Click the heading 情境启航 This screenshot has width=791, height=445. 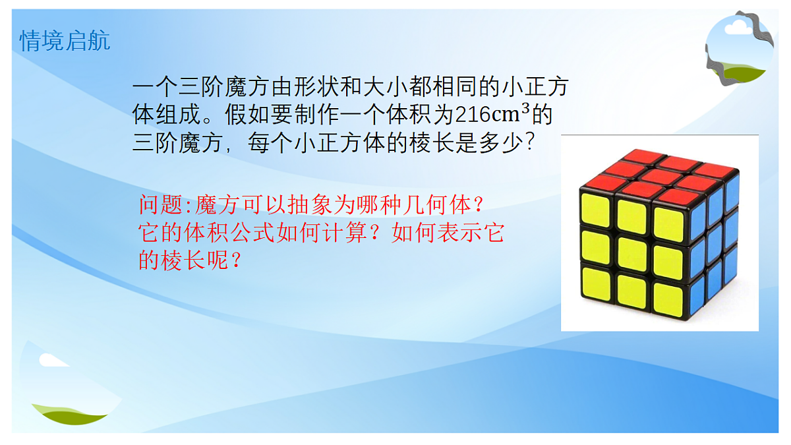coord(65,41)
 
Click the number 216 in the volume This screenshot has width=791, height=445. coord(471,115)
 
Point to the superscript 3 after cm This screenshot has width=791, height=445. coord(525,109)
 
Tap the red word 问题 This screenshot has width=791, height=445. coord(161,205)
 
